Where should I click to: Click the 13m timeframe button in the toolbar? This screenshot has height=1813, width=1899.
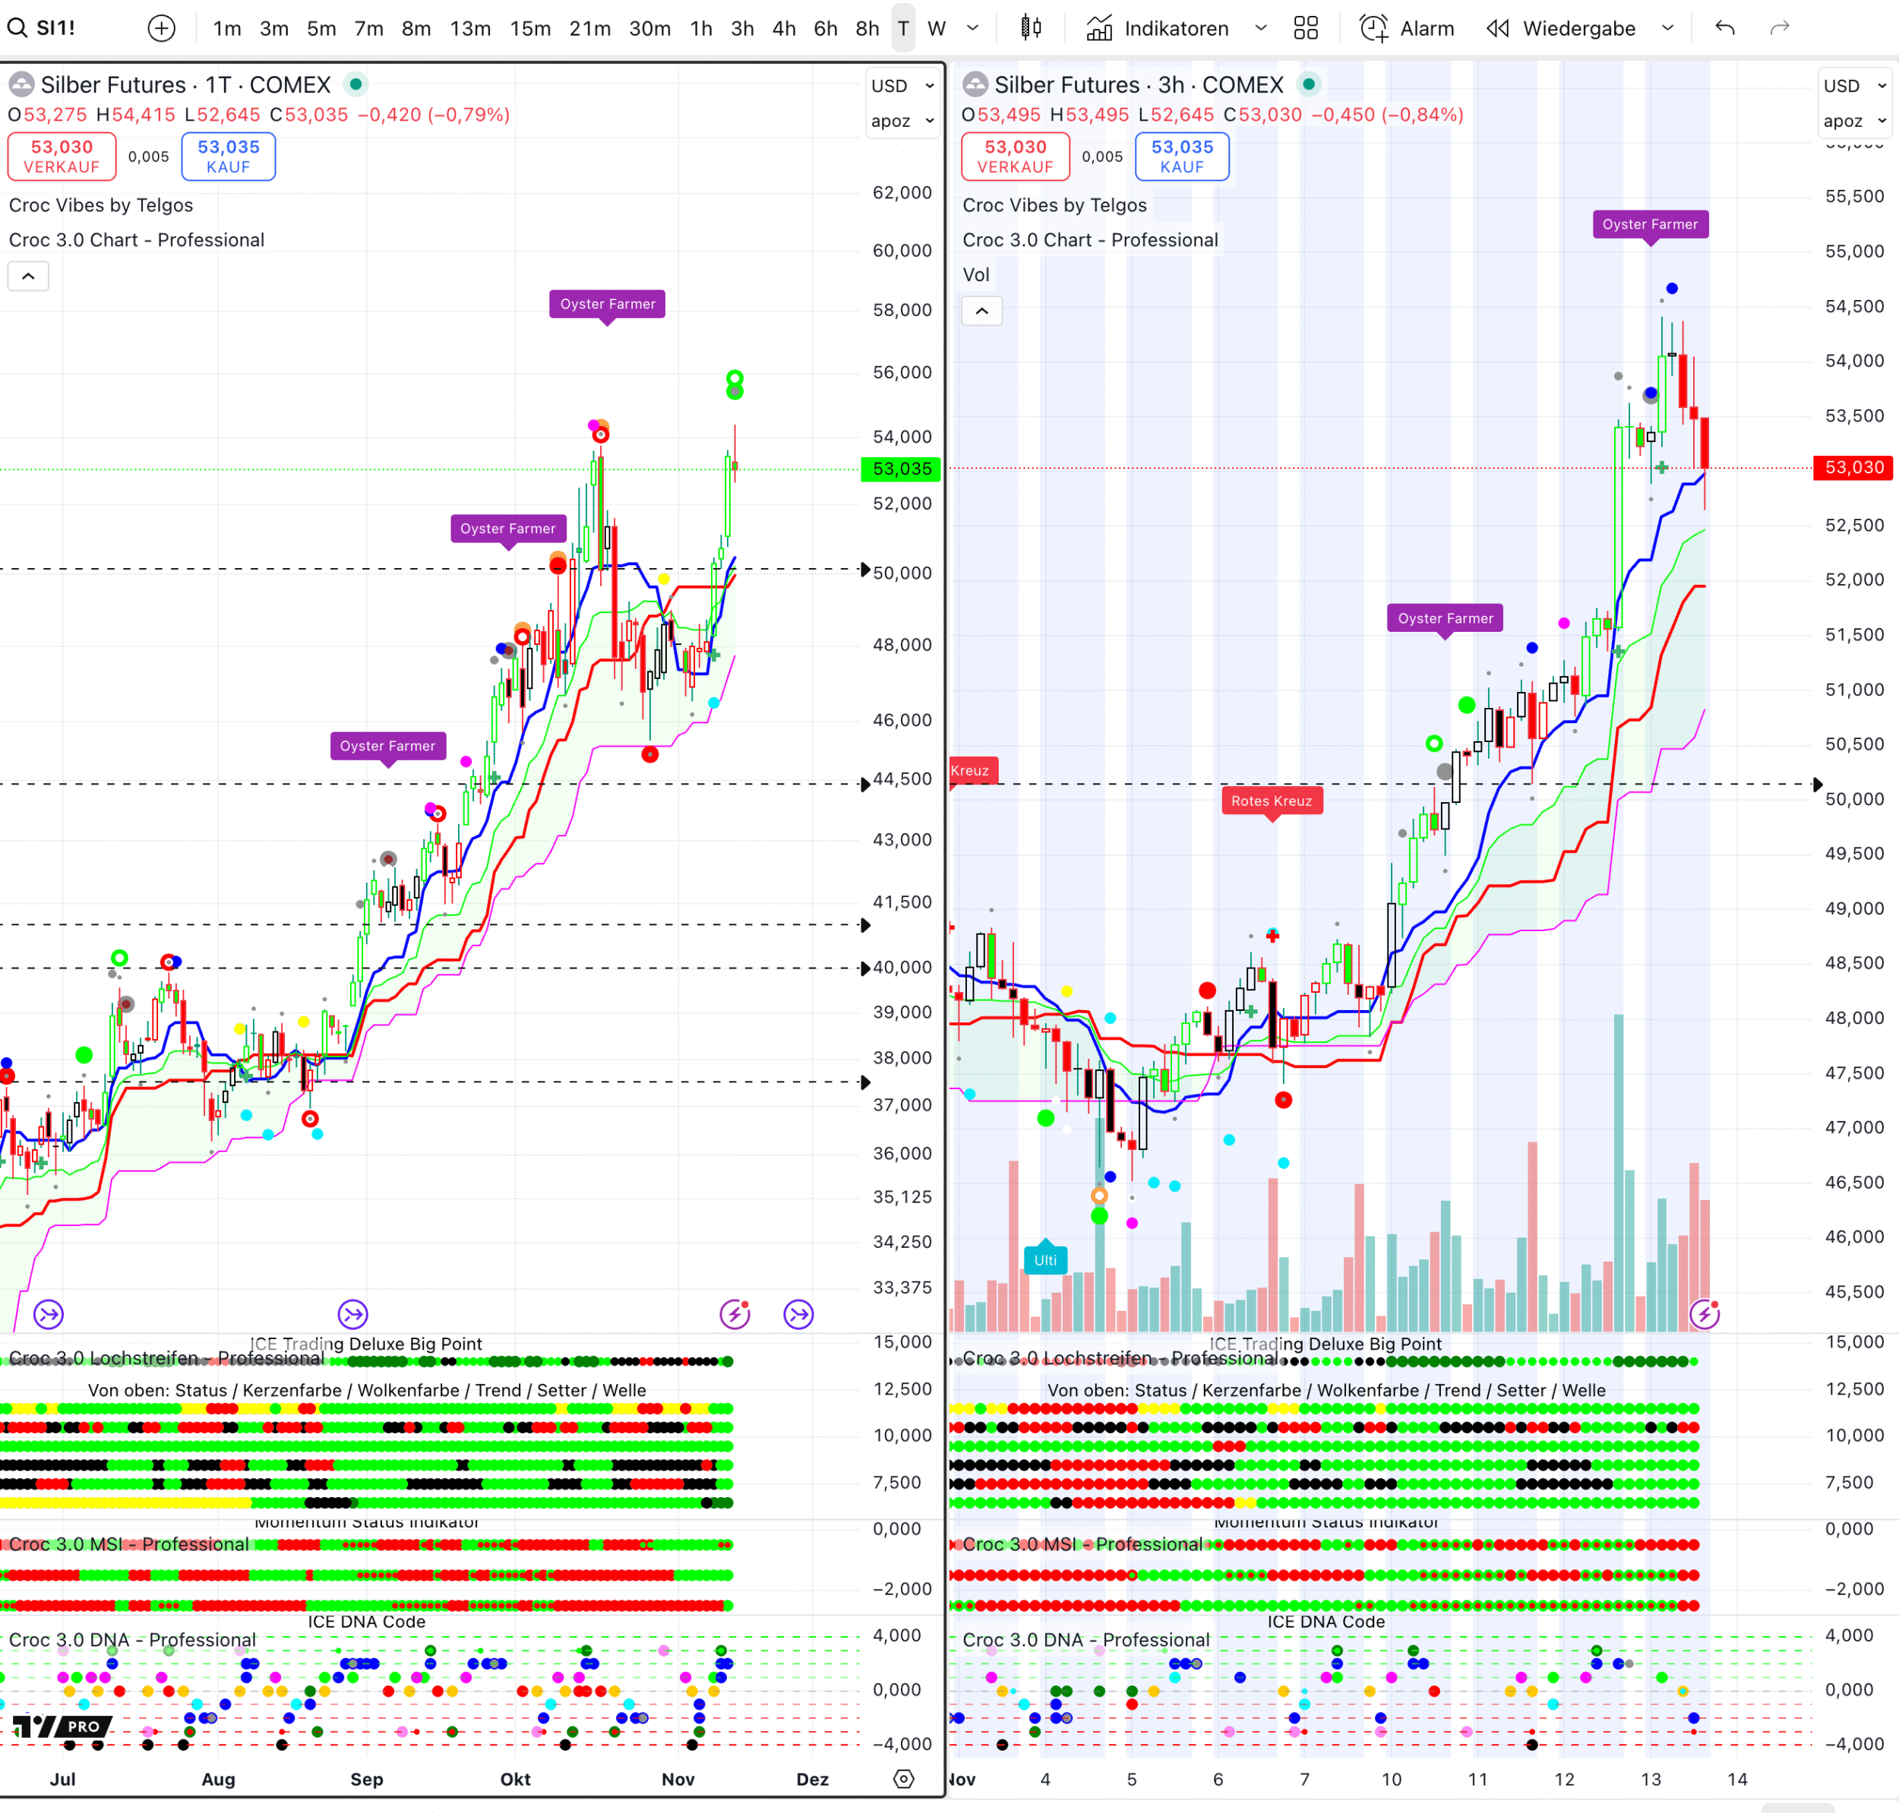coord(469,29)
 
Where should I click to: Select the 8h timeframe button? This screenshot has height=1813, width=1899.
coord(867,29)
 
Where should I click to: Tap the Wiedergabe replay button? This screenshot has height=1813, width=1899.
coord(1562,29)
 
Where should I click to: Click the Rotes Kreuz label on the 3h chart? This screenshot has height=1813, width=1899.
coord(1271,801)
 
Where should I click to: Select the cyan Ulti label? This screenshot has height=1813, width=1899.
coord(1044,1260)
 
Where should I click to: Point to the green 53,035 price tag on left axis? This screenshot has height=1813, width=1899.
coord(901,469)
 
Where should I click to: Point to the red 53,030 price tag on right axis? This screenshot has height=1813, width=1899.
coord(1853,468)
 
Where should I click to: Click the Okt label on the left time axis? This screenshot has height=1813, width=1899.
coord(515,1779)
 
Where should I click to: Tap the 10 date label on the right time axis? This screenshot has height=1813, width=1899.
coord(1391,1779)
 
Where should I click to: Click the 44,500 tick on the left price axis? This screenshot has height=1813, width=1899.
coord(902,779)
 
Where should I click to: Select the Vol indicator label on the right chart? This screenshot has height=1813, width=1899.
coord(976,274)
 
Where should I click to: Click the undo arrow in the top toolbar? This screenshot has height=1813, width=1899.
coord(1725,28)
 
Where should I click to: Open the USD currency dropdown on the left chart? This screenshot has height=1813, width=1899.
coord(902,86)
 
